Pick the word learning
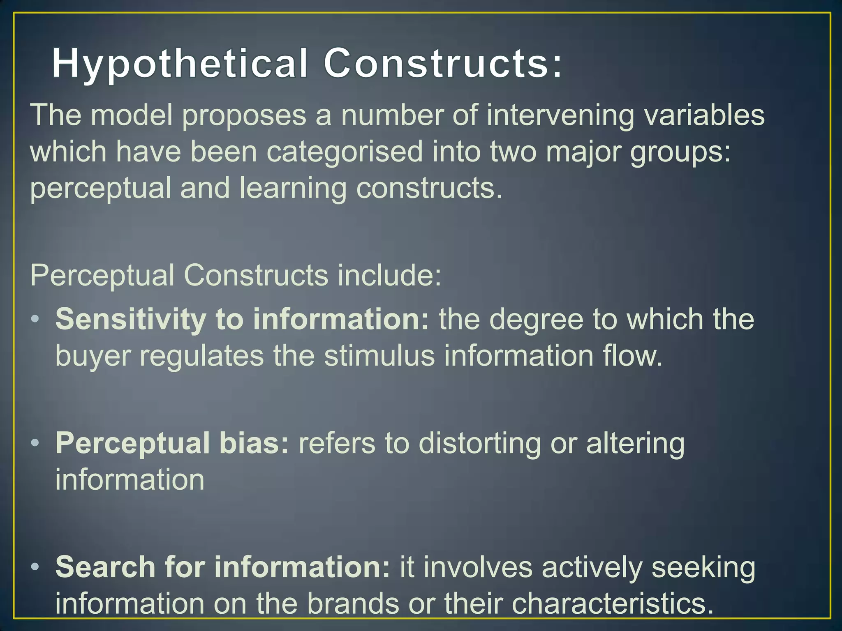[x=293, y=189]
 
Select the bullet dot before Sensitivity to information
[x=35, y=319]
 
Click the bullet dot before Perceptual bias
[x=35, y=443]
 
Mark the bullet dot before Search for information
[x=35, y=567]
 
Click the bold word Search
[x=105, y=567]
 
